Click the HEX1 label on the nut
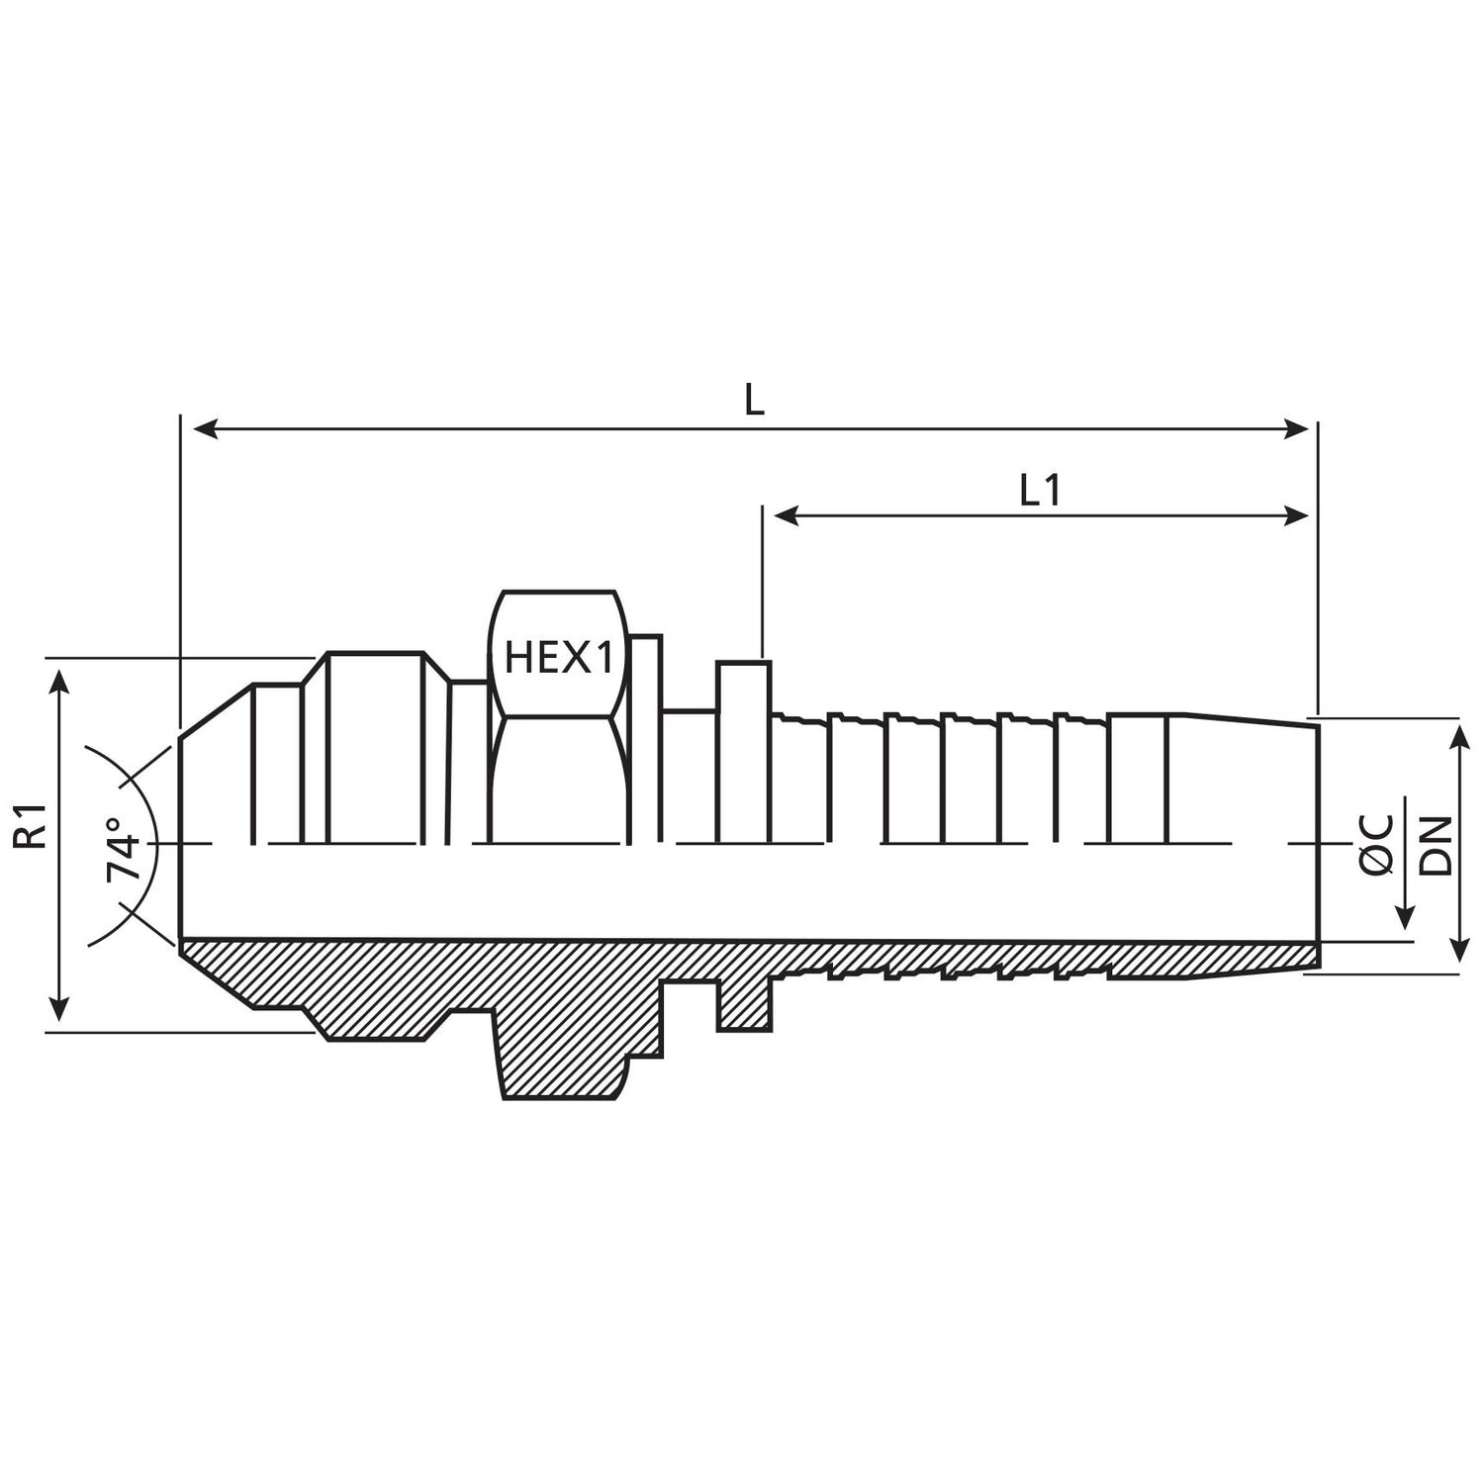pyautogui.click(x=559, y=658)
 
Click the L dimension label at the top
pyautogui.click(x=754, y=401)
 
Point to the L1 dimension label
pyautogui.click(x=1040, y=491)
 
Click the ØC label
pyautogui.click(x=1377, y=845)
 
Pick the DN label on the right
pyautogui.click(x=1436, y=845)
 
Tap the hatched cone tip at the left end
pyautogui.click(x=218, y=965)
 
